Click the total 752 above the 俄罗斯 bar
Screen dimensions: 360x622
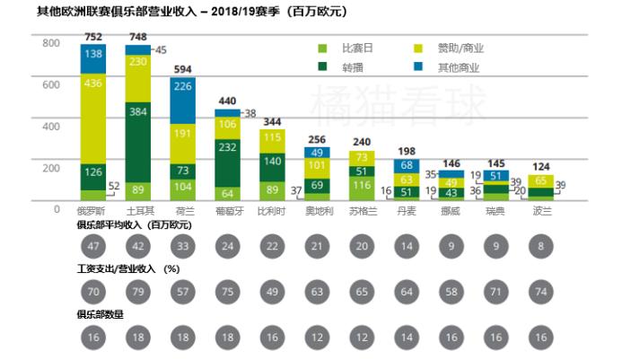click(93, 36)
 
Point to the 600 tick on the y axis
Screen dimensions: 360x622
click(50, 85)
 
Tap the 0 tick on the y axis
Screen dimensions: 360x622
click(55, 208)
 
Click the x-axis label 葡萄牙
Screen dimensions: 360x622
click(227, 208)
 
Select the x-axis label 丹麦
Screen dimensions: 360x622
click(407, 208)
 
